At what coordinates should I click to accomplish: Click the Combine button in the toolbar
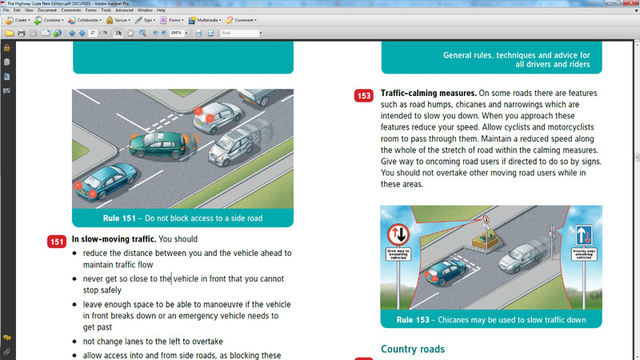click(49, 19)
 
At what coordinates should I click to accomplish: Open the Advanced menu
click(124, 10)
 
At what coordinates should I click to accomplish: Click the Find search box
click(239, 33)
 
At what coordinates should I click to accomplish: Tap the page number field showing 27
click(94, 33)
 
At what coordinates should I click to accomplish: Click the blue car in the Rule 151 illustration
click(105, 179)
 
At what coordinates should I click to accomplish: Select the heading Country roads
click(412, 349)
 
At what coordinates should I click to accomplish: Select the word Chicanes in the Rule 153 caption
click(459, 320)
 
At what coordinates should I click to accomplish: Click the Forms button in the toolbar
click(173, 19)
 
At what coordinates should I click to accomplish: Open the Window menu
click(145, 10)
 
